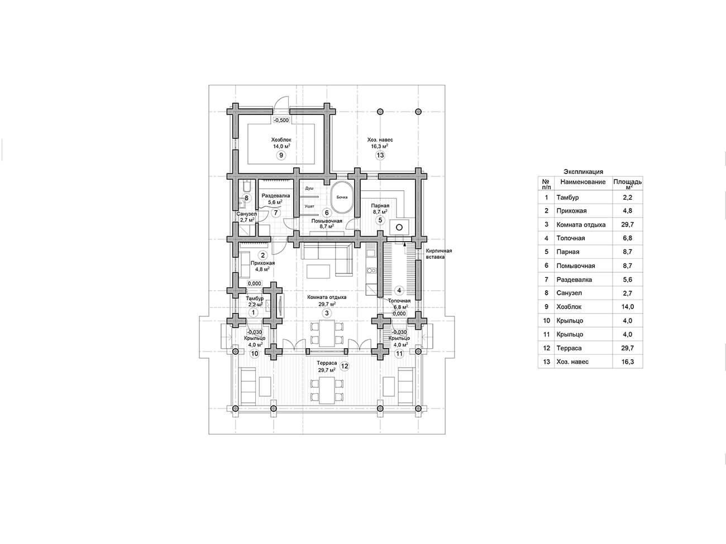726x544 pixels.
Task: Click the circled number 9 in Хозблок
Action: (x=281, y=155)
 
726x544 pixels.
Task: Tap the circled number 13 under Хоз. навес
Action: (x=380, y=155)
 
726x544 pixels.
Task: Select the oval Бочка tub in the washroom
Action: (x=342, y=197)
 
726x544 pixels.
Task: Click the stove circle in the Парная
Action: (x=399, y=227)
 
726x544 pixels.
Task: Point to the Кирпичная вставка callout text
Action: (x=438, y=254)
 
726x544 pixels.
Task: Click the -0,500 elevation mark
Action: (x=281, y=120)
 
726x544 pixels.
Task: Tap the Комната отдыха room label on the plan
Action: (x=327, y=297)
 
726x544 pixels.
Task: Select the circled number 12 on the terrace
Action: (x=345, y=366)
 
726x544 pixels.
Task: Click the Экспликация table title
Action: (x=584, y=172)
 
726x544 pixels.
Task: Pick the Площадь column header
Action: (x=628, y=182)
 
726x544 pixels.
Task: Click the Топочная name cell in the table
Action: (x=571, y=238)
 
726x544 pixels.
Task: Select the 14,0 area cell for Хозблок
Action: (x=628, y=307)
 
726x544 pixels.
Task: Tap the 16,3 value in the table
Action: (x=628, y=362)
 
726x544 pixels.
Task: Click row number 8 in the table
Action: (x=546, y=293)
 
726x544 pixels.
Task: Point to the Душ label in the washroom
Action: (x=309, y=188)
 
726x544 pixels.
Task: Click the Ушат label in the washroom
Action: (x=309, y=206)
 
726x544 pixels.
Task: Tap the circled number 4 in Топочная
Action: (x=399, y=290)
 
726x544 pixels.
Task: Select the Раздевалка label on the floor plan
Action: (x=276, y=195)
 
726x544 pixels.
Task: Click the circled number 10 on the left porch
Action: (x=255, y=354)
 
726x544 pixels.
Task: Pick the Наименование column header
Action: (x=583, y=182)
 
